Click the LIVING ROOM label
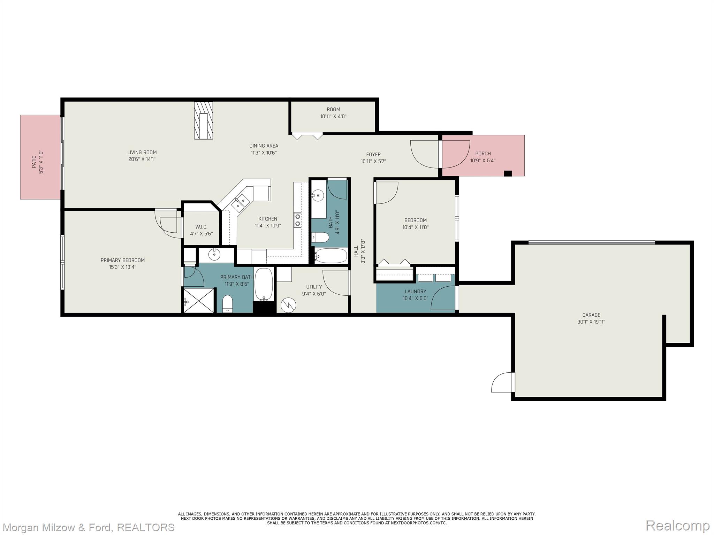(142, 153)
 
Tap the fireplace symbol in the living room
(204, 121)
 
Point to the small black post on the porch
(508, 173)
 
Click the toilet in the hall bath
(320, 238)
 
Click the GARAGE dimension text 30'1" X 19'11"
(591, 322)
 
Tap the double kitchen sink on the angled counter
(241, 203)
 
